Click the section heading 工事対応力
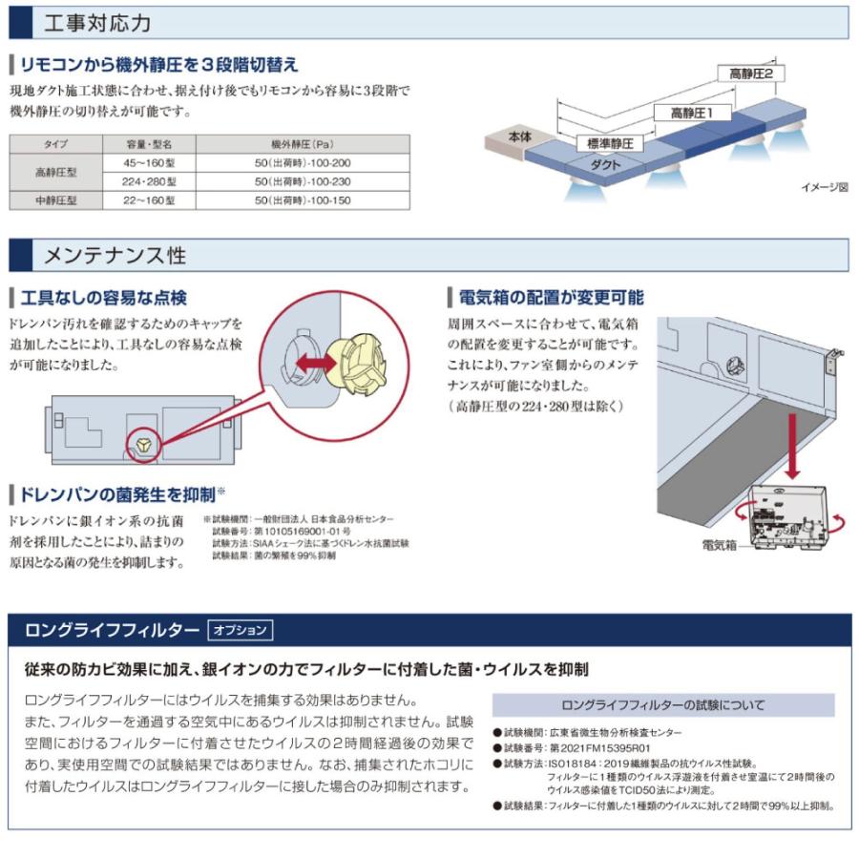(x=97, y=23)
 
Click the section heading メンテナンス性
(x=115, y=256)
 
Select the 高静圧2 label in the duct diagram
(x=756, y=73)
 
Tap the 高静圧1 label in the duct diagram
(x=699, y=113)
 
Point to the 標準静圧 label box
(x=610, y=145)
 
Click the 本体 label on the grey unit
(x=520, y=137)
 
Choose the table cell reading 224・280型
(x=149, y=181)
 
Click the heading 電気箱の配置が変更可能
(x=551, y=298)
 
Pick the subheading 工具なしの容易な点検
(x=104, y=298)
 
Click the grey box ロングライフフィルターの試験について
(x=663, y=705)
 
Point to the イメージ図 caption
(x=823, y=188)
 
